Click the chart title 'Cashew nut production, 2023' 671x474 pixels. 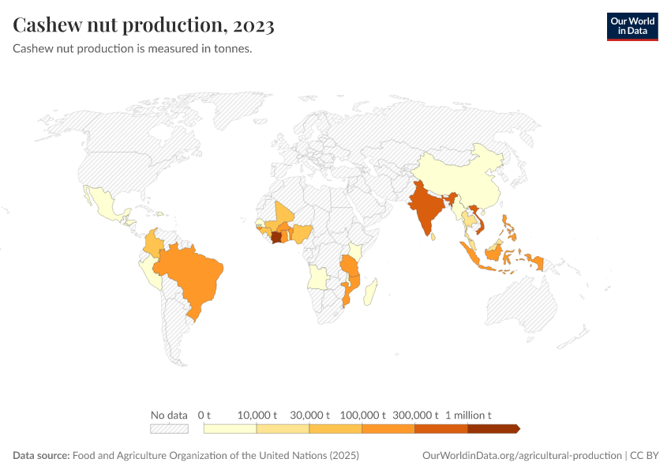coord(144,25)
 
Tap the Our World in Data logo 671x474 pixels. coord(632,26)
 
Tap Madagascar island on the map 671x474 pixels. coord(370,288)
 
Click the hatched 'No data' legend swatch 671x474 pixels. coord(169,429)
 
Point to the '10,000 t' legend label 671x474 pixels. coord(257,415)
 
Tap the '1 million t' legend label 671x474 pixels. coord(468,415)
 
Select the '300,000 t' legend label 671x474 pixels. coord(415,415)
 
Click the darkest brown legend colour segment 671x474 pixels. coord(493,429)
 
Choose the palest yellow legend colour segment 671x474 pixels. coord(230,429)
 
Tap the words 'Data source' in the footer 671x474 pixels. coord(41,456)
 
